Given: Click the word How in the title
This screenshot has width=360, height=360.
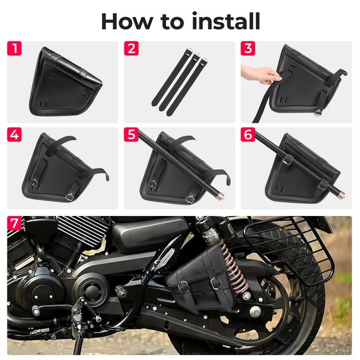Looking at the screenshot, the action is coord(127,21).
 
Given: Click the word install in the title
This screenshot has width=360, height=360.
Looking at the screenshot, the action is coord(226,21).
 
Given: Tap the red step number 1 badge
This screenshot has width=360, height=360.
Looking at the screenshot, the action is coord(15,49).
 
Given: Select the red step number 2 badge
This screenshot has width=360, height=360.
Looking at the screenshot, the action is coord(131,49).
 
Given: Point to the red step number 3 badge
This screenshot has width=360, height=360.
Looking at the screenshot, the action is coord(248,49).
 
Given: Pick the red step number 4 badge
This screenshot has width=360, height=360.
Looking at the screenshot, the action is coord(15,135).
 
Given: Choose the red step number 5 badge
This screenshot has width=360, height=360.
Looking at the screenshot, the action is coord(131,135).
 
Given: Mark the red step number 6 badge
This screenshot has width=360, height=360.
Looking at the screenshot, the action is coord(248,135).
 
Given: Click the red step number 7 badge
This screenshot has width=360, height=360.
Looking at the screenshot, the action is coord(15,223).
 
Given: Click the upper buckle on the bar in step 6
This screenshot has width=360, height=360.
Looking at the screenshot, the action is coord(289,160).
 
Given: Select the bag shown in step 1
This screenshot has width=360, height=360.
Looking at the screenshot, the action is coord(66,82).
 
